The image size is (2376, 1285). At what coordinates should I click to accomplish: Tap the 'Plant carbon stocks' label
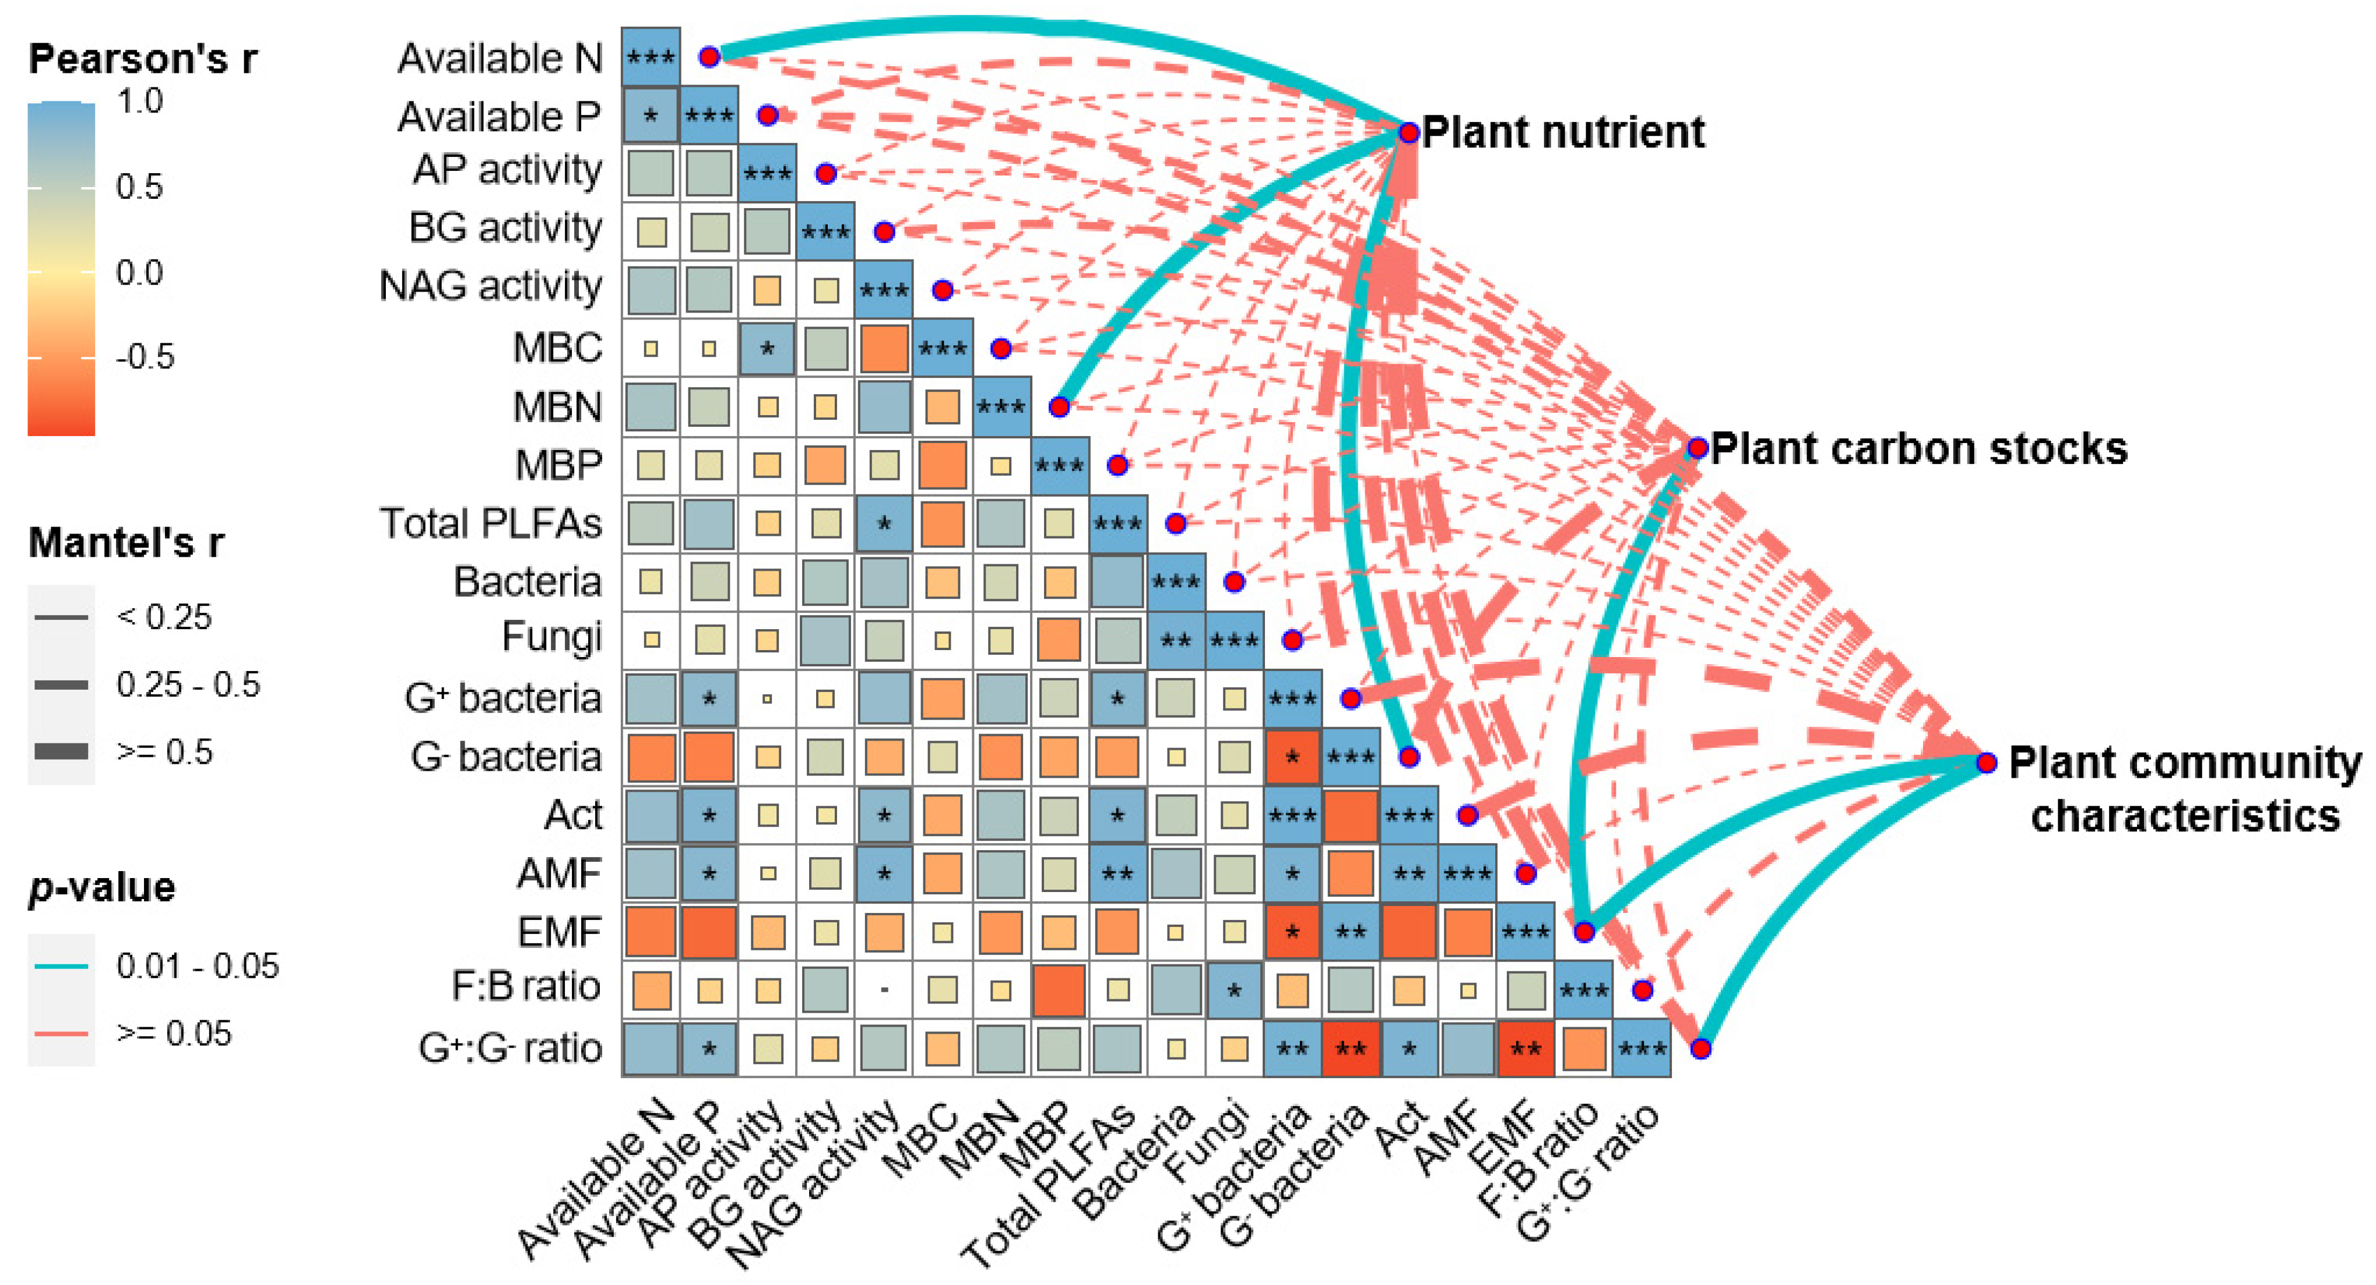pos(1918,450)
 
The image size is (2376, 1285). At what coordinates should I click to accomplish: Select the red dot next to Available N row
pos(708,57)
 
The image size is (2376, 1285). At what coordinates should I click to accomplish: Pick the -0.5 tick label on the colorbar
pos(145,357)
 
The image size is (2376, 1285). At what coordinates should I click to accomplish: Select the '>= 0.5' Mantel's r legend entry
pos(164,752)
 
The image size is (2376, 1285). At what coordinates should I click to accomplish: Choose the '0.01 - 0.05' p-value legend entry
pos(196,966)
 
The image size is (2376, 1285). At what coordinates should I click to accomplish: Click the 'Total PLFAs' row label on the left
pos(491,523)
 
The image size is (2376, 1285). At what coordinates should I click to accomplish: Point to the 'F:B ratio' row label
pos(526,987)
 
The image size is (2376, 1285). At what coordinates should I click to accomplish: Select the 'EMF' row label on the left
pos(559,932)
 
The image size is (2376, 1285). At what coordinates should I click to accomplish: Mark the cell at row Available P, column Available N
pos(651,115)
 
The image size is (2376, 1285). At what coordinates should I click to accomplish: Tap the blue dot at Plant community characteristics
pos(1987,763)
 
